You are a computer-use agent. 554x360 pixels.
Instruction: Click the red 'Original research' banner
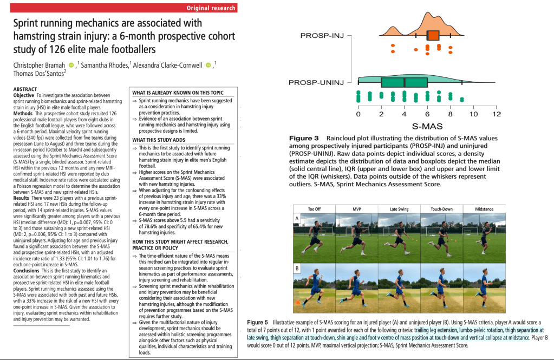(x=211, y=8)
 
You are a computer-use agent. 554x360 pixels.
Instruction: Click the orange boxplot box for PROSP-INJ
(x=433, y=36)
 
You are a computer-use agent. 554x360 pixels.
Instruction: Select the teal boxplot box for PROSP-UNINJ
(x=404, y=82)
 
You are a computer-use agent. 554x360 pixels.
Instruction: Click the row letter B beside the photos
(x=297, y=267)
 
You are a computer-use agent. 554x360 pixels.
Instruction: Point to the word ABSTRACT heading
(x=25, y=89)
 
